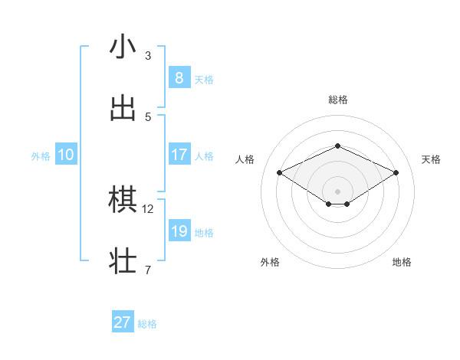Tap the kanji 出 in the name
click(x=123, y=108)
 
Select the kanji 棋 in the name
click(x=123, y=201)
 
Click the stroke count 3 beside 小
click(x=148, y=56)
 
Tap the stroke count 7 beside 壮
click(x=148, y=270)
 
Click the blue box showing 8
click(x=179, y=77)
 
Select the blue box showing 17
click(x=179, y=154)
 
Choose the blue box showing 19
click(x=179, y=231)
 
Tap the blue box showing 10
click(x=66, y=154)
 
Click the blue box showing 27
click(x=123, y=322)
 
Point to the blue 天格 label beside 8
click(x=204, y=80)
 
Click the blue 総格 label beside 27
click(x=147, y=324)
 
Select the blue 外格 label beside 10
click(x=41, y=156)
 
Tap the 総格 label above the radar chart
click(x=337, y=100)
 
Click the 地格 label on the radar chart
click(x=402, y=262)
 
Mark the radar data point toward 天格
click(x=396, y=173)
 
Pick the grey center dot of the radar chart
click(x=337, y=191)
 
